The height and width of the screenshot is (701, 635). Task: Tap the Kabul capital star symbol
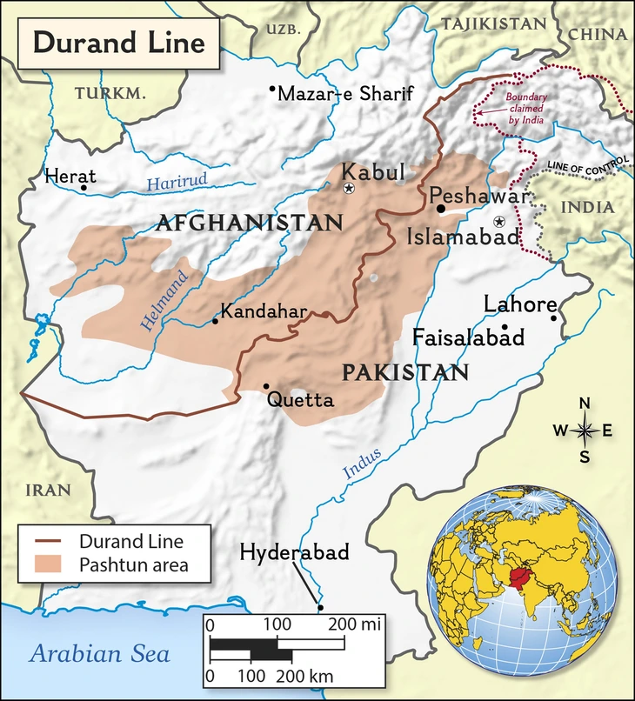(349, 189)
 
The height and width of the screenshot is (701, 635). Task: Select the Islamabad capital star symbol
(498, 222)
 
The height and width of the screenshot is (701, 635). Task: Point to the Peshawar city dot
(441, 209)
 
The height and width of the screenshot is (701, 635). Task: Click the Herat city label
(69, 177)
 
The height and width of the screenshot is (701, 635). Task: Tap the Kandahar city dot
(215, 322)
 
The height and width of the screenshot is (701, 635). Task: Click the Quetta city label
(300, 400)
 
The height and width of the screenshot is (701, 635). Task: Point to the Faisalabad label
(468, 337)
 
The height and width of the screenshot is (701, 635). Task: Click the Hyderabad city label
(294, 552)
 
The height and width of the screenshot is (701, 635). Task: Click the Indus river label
(362, 462)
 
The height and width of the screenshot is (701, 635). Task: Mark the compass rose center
(585, 430)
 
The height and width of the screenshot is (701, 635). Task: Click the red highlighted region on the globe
(522, 578)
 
